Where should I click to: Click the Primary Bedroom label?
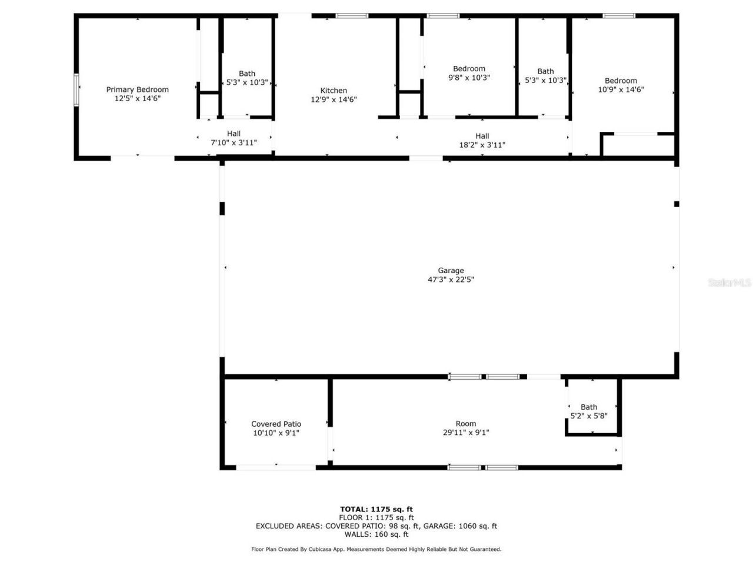coord(137,89)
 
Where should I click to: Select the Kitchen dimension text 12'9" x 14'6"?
coord(334,100)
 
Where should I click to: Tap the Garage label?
coord(451,271)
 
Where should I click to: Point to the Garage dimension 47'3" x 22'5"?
coord(451,280)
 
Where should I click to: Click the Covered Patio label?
coord(276,424)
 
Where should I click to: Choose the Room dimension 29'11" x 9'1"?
coord(465,433)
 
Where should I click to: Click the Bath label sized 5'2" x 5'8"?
coord(589,407)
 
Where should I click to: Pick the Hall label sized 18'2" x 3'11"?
coord(482,136)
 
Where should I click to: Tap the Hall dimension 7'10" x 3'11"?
coord(234,143)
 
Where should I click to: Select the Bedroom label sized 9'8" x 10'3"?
coord(469,68)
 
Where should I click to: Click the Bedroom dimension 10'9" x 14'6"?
coord(621,90)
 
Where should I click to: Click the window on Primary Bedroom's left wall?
coord(76,90)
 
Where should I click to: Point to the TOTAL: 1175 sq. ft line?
coord(376,509)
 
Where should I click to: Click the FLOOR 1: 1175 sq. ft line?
coord(376,518)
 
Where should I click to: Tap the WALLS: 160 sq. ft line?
coord(376,534)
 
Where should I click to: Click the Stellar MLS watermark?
coord(729,283)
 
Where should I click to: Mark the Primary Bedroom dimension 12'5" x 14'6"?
coord(137,99)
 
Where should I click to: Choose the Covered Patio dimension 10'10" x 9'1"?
coord(276,433)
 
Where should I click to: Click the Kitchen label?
coord(334,91)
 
